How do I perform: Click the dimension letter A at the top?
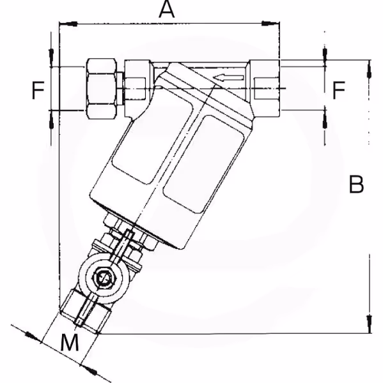[167, 10]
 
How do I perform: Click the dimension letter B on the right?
[357, 184]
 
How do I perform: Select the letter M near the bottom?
[70, 342]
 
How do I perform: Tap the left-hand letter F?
[38, 91]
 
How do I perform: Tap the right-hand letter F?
[339, 90]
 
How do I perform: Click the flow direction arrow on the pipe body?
[228, 78]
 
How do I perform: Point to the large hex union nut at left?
[101, 89]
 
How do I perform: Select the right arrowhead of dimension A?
[270, 24]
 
